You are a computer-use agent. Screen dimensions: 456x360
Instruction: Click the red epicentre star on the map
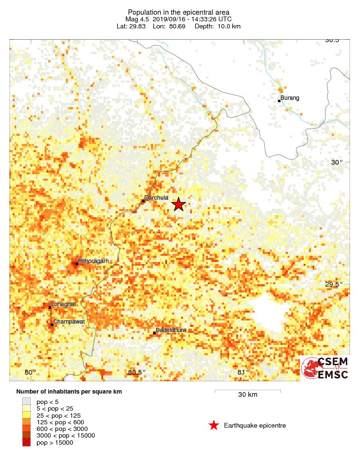tap(178, 204)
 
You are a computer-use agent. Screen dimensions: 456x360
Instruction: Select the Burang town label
tap(290, 98)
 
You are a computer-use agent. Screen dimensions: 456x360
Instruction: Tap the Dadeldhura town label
tap(173, 330)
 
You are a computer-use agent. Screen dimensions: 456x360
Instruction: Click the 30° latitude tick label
tap(337, 162)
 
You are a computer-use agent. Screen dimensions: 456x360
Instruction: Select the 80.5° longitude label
tap(136, 372)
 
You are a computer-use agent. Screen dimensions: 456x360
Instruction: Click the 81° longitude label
tap(243, 372)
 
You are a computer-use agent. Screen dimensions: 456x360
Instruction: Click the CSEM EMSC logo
tap(325, 368)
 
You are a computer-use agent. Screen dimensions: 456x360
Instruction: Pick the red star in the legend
tap(214, 426)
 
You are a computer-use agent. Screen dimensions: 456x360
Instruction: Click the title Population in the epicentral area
tap(179, 12)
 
